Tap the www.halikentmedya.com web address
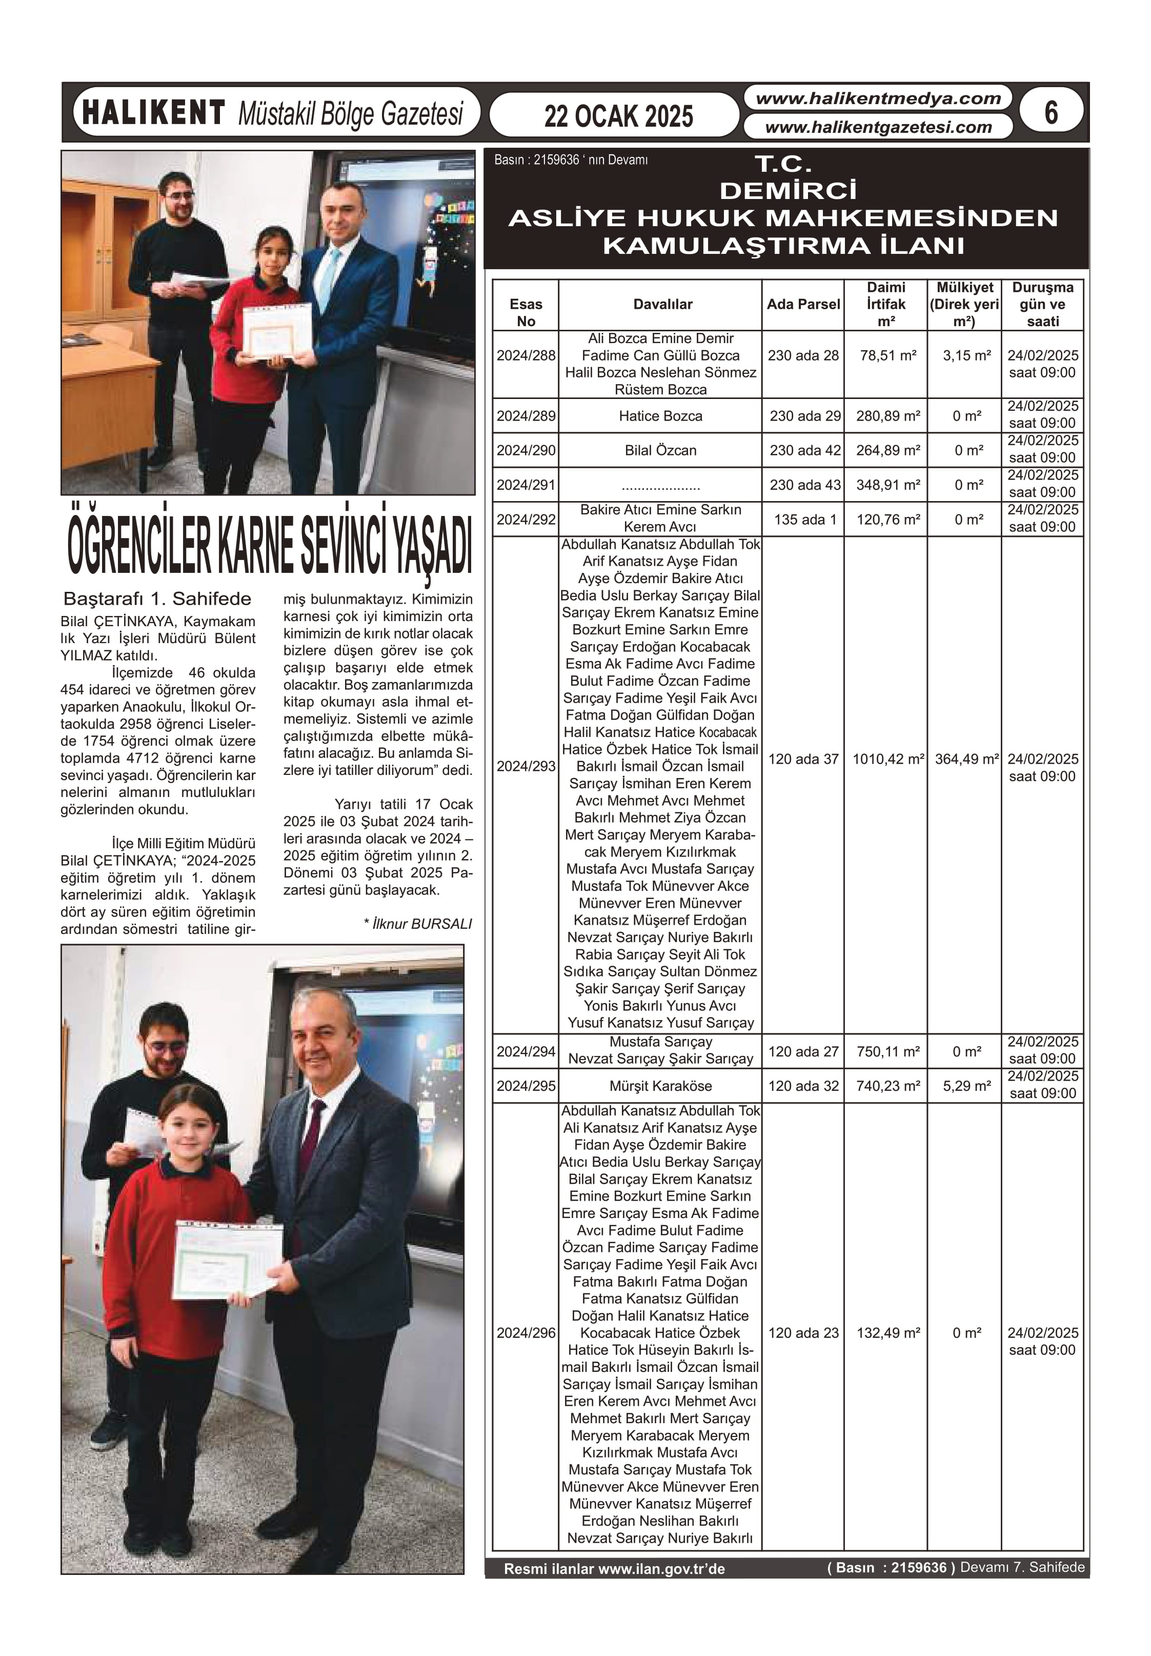878,99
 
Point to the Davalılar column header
662,304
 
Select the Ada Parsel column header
803,304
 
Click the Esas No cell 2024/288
526,355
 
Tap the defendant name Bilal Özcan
660,451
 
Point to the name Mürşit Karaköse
660,1086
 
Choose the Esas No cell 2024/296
526,1333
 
